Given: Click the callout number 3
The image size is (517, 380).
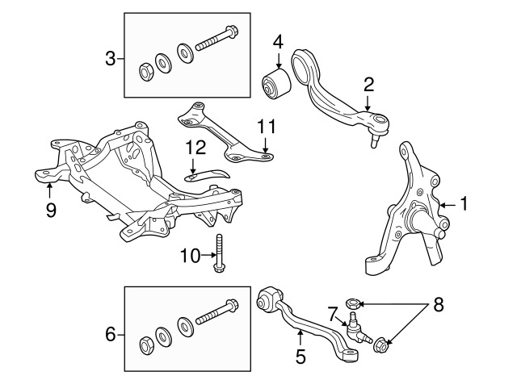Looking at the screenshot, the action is point(111,59).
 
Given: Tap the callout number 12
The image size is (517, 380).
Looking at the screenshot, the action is point(195,148).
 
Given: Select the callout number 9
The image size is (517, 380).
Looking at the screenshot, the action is point(50,210).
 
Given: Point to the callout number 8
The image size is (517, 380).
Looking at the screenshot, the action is point(438,305).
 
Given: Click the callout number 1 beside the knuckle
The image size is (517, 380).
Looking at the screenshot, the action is point(464,203).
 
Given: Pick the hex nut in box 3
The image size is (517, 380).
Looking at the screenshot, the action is point(145,72).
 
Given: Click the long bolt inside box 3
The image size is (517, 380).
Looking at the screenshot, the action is point(217,39).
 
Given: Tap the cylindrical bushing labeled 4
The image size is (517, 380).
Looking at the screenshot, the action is point(276,84).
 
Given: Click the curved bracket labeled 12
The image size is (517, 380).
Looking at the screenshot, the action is point(208,174).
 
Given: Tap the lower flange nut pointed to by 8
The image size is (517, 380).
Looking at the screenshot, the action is point(380,345).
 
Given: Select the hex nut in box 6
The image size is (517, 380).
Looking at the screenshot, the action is point(145,345).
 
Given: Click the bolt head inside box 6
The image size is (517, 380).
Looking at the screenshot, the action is point(232,305).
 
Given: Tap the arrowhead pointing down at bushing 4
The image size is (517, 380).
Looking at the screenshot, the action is point(279,65).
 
